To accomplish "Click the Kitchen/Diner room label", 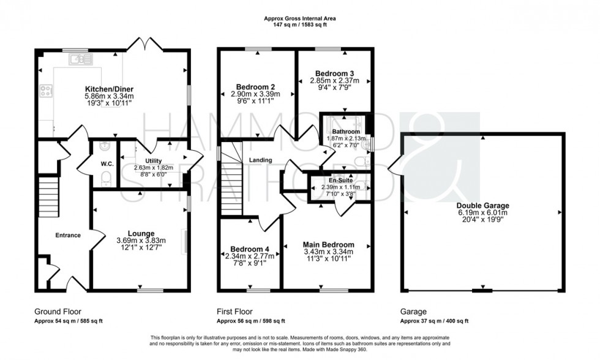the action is pyautogui.click(x=109, y=89).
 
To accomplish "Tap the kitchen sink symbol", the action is pyautogui.click(x=81, y=59).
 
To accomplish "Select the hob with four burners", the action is pyautogui.click(x=47, y=90).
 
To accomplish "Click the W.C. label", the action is pyautogui.click(x=107, y=163).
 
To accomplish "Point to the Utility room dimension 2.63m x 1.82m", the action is pyautogui.click(x=154, y=168).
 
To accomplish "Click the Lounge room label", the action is pyautogui.click(x=141, y=233).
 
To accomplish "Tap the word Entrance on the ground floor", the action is pyautogui.click(x=68, y=235).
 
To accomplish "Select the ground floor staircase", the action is pyautogui.click(x=49, y=197).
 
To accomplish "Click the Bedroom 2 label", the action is pyautogui.click(x=255, y=87).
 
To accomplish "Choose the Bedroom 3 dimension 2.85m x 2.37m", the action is pyautogui.click(x=334, y=80).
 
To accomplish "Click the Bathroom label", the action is pyautogui.click(x=346, y=132).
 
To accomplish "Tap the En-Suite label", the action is pyautogui.click(x=340, y=180).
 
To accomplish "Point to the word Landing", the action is pyautogui.click(x=261, y=160).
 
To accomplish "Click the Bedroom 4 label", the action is pyautogui.click(x=247, y=249).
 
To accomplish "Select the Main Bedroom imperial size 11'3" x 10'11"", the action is pyautogui.click(x=328, y=258).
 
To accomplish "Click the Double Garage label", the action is pyautogui.click(x=482, y=206).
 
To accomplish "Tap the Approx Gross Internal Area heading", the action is pyautogui.click(x=300, y=18).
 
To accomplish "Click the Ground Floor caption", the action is pyautogui.click(x=58, y=312).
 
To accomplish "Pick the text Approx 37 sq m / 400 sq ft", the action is pyautogui.click(x=434, y=321).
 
